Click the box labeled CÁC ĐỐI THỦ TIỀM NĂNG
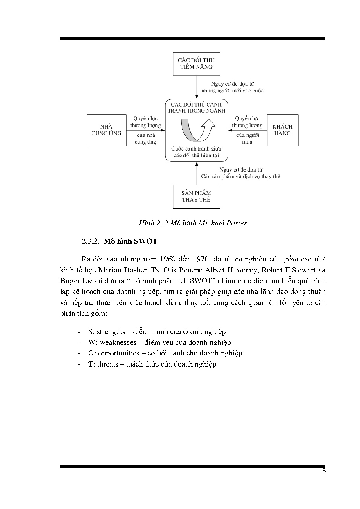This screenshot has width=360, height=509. coord(196,64)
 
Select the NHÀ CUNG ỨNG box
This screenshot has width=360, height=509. coord(107,130)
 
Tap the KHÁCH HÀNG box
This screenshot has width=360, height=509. coord(282,130)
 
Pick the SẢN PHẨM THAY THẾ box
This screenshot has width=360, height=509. coord(196,196)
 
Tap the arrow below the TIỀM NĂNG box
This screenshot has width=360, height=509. coord(197,87)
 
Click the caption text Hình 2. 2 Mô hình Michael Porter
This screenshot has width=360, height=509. coord(193,223)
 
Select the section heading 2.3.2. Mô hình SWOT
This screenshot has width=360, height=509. coord(119,241)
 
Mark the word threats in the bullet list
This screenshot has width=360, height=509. coord(107,364)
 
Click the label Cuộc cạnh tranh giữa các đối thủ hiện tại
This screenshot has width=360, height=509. coord(196,152)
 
